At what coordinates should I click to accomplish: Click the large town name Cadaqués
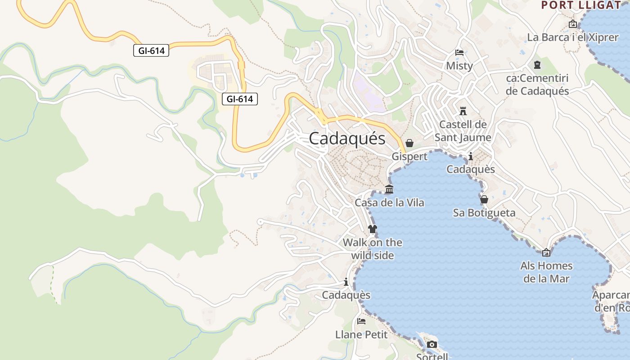click(347, 139)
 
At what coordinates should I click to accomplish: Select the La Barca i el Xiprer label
click(572, 37)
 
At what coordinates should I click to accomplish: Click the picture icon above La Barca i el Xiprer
click(573, 24)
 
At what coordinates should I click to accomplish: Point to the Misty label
click(459, 66)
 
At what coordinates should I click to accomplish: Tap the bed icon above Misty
click(459, 53)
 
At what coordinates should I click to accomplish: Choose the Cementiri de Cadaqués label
click(537, 85)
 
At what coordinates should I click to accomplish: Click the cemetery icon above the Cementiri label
click(537, 65)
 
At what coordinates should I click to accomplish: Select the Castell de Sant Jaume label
click(463, 130)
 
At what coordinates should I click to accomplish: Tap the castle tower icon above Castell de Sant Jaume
click(463, 111)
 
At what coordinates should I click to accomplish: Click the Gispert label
click(409, 157)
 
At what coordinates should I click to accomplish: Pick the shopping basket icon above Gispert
click(409, 143)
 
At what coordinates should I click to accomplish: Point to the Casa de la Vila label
click(389, 202)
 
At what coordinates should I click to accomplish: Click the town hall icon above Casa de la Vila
click(389, 189)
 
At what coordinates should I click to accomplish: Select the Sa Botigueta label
click(484, 212)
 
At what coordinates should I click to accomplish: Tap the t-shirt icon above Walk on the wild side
click(372, 229)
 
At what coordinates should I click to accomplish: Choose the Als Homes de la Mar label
click(546, 272)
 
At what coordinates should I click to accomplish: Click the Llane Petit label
click(361, 334)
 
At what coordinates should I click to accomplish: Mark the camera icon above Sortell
click(432, 345)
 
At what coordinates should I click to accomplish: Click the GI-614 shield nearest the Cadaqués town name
click(239, 99)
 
